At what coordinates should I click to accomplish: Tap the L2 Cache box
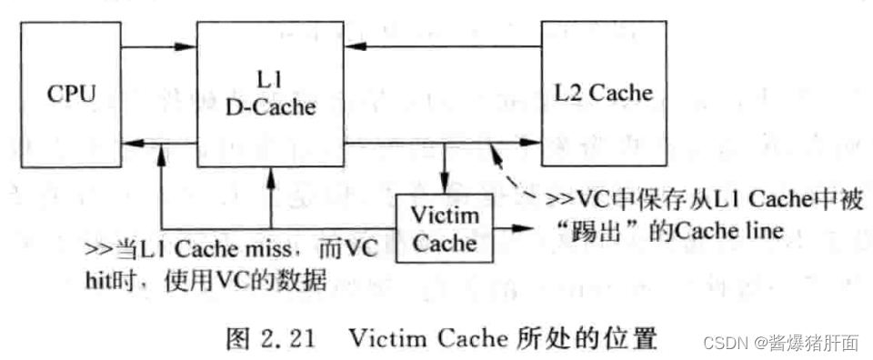click(604, 93)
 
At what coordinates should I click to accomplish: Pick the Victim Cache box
click(443, 228)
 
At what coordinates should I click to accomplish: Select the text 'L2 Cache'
click(604, 94)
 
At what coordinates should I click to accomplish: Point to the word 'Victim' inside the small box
click(443, 216)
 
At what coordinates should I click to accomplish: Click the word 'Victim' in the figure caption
click(379, 338)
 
